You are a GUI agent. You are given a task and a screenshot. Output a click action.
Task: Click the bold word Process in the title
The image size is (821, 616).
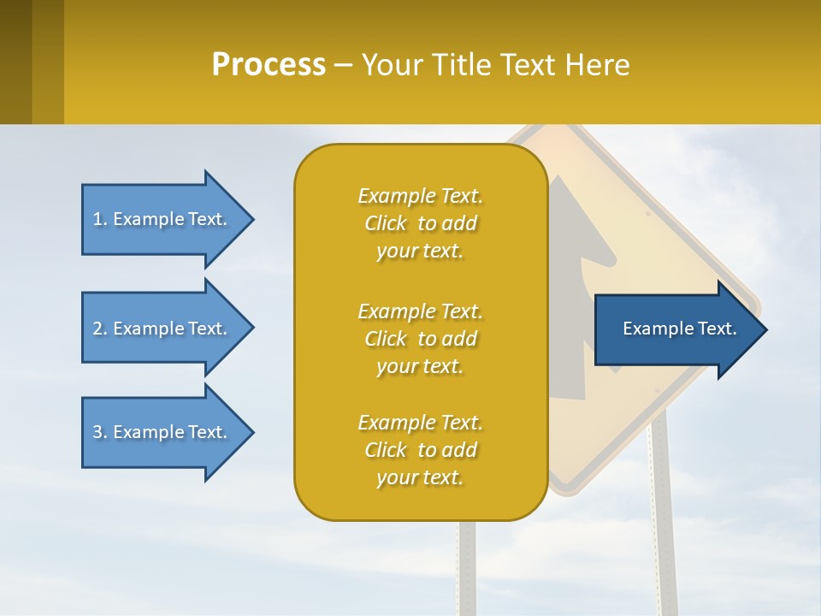[x=269, y=65]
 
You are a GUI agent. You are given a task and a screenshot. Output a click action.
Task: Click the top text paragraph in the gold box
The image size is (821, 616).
[x=420, y=223]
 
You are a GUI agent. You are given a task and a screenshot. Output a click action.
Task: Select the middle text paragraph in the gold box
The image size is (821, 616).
[x=420, y=339]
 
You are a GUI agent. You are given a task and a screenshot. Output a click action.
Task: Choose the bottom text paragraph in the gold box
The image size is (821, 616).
[x=420, y=450]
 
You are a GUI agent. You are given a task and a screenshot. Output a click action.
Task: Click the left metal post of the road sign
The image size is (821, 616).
[x=467, y=565]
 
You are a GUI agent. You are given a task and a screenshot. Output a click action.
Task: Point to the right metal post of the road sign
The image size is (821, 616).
[x=663, y=513]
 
